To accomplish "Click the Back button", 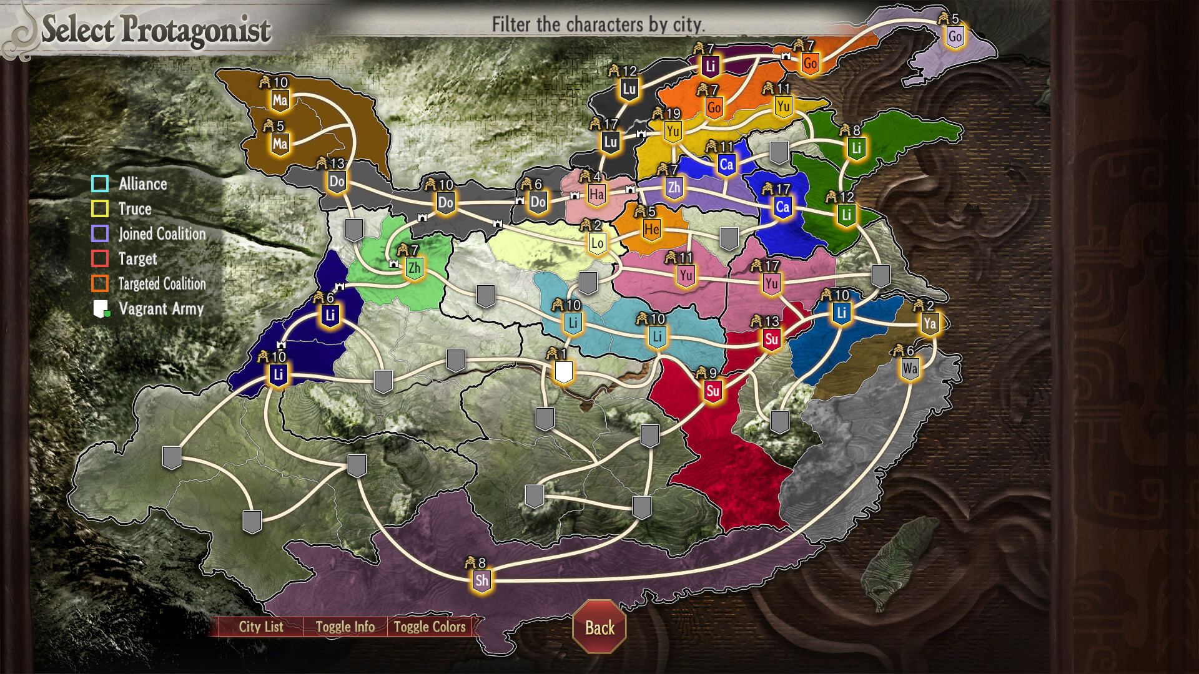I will point(599,627).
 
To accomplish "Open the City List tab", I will point(261,627).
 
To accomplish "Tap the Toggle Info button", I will point(345,627).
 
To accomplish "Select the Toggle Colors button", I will point(430,627).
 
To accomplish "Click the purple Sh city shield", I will point(481,580).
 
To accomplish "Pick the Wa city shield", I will point(910,368).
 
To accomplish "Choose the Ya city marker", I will point(930,323).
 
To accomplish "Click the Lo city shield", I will point(597,243).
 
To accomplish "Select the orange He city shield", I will point(651,229).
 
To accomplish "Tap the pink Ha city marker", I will point(596,195).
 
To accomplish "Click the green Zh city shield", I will point(414,268).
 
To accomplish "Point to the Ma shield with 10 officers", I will point(280,100).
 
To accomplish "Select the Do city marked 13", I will point(337,182).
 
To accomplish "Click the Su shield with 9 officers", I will point(713,391).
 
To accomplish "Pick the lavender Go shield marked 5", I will point(955,36).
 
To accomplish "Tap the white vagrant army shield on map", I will point(563,372).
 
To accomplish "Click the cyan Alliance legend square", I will point(100,183).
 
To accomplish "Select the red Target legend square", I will point(100,258).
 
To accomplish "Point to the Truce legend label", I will point(135,208).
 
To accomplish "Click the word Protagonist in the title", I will point(196,29).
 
